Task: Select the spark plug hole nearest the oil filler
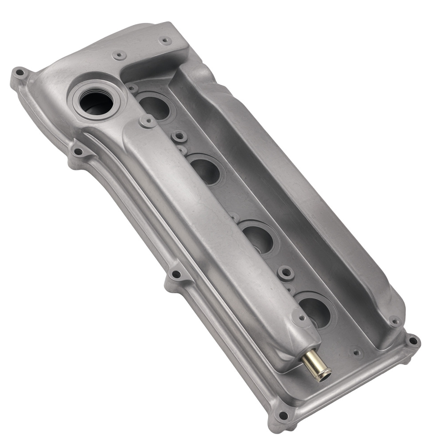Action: point(154,106)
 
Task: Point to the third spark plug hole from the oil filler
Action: point(259,237)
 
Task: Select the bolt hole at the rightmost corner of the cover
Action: point(412,341)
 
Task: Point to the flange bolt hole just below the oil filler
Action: point(78,152)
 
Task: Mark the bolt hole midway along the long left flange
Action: point(176,274)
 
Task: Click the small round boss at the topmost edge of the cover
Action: point(165,41)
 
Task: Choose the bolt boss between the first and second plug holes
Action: point(179,136)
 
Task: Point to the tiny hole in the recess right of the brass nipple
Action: point(356,353)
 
